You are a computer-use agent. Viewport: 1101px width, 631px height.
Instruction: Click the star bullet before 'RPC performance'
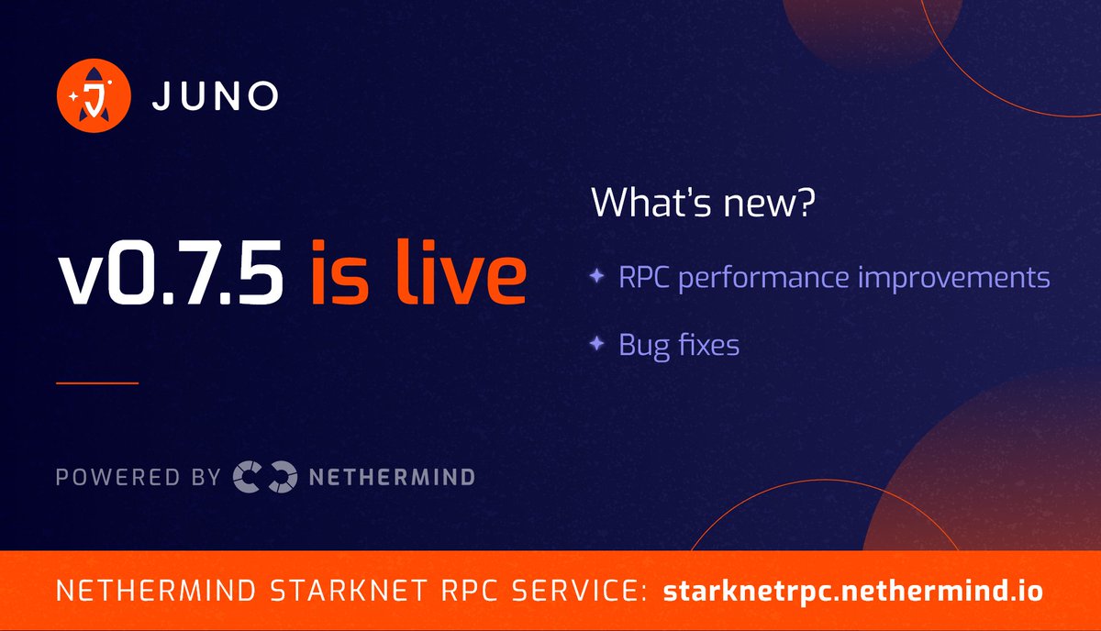pos(597,275)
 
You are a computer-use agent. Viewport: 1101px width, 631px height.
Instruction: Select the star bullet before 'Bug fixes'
pos(597,344)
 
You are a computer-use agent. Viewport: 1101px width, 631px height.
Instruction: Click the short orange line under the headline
pos(97,382)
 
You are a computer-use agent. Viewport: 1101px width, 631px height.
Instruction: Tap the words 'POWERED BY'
pos(139,477)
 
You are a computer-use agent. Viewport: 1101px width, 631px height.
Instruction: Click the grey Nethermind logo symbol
pos(265,477)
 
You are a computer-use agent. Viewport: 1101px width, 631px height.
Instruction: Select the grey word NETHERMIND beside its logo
pos(392,477)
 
